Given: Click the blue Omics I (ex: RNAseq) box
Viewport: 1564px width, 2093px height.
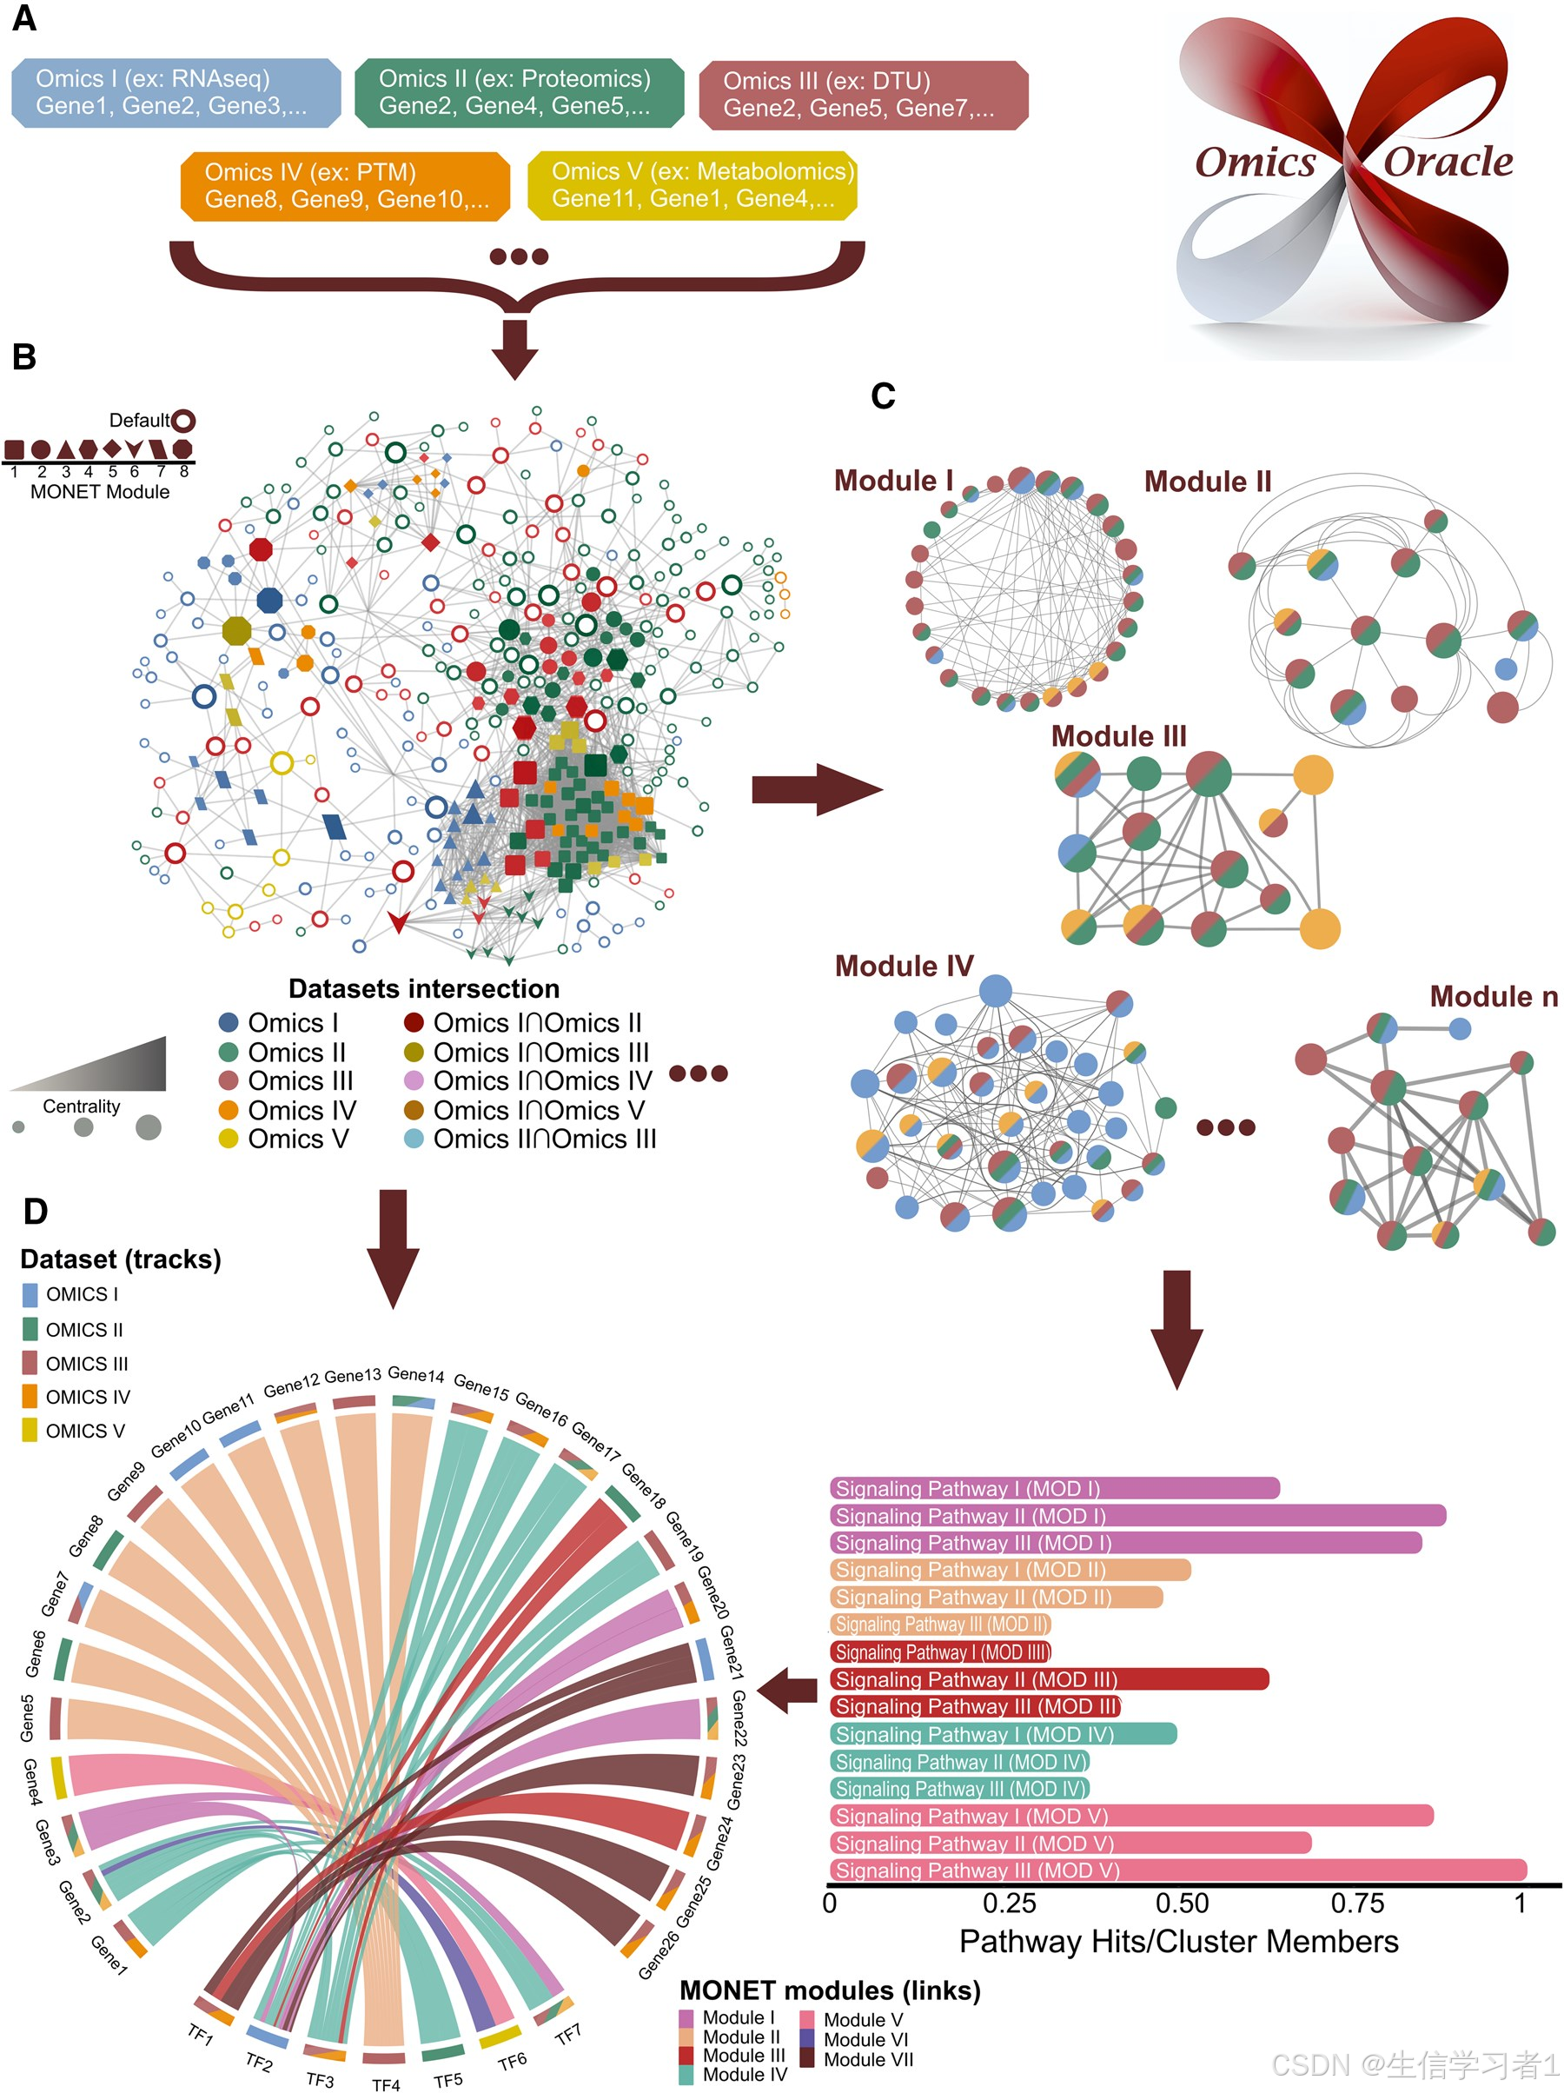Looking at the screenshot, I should point(176,93).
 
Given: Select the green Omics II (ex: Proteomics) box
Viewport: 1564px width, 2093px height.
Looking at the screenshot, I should point(519,93).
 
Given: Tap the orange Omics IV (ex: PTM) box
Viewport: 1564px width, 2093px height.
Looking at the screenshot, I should point(344,186).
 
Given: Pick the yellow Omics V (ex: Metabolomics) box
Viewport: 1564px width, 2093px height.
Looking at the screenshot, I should point(692,185).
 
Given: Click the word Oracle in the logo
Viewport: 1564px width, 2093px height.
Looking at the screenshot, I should point(1447,162).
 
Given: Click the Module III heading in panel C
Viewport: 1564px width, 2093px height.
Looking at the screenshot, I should point(1117,736).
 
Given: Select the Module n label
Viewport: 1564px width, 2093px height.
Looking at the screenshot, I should point(1492,996).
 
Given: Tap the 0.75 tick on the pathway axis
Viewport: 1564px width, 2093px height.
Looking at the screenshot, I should point(1357,1903).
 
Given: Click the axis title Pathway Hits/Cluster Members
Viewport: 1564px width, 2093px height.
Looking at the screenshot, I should point(1178,1942).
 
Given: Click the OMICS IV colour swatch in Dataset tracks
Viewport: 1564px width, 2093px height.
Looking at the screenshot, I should point(30,1397).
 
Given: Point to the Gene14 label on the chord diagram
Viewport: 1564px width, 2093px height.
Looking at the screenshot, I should point(415,1374).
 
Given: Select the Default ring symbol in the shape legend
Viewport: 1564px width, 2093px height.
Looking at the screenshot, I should point(183,420).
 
